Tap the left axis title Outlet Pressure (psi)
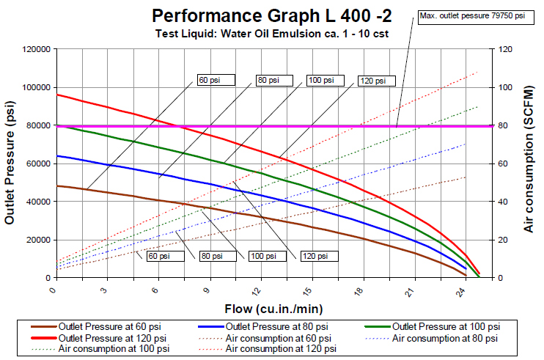coord(10,163)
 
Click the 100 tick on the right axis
coord(505,87)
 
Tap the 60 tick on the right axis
coord(505,164)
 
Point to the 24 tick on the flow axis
coord(465,292)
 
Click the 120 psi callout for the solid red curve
coord(374,81)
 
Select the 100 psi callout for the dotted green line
coord(262,257)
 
